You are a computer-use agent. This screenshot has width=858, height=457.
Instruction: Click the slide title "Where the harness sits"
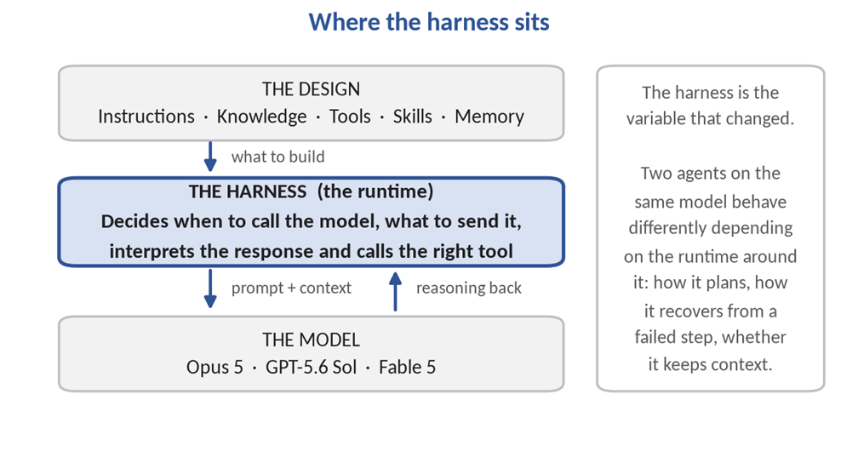click(429, 22)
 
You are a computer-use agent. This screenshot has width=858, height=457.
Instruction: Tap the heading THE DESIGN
click(311, 89)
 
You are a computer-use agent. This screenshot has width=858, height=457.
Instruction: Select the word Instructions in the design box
click(146, 117)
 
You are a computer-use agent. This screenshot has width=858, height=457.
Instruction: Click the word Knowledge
click(261, 117)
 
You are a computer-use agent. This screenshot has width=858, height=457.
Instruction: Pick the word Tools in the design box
click(350, 117)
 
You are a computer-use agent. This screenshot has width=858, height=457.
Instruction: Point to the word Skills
click(413, 117)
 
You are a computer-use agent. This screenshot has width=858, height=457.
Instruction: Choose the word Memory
click(489, 117)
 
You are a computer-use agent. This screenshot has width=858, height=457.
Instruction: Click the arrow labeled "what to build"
click(210, 157)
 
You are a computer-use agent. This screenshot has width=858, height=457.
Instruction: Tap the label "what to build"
click(278, 157)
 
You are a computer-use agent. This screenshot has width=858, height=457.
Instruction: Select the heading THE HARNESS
click(248, 191)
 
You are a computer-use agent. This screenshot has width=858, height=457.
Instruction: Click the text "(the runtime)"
click(375, 191)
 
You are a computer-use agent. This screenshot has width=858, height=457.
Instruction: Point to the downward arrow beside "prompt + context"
click(210, 288)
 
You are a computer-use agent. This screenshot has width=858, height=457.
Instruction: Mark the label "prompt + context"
click(291, 288)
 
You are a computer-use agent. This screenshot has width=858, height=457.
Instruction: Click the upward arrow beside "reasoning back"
click(395, 291)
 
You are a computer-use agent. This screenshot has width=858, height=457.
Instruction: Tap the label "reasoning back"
click(469, 288)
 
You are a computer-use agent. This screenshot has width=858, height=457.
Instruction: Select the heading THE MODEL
click(311, 340)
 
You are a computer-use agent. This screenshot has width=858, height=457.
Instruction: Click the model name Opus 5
click(214, 368)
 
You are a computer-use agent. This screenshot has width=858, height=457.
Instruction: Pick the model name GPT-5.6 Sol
click(311, 368)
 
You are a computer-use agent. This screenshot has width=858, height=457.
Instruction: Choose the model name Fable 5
click(407, 368)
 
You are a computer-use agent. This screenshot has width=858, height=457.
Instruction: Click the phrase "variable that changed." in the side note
click(710, 119)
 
